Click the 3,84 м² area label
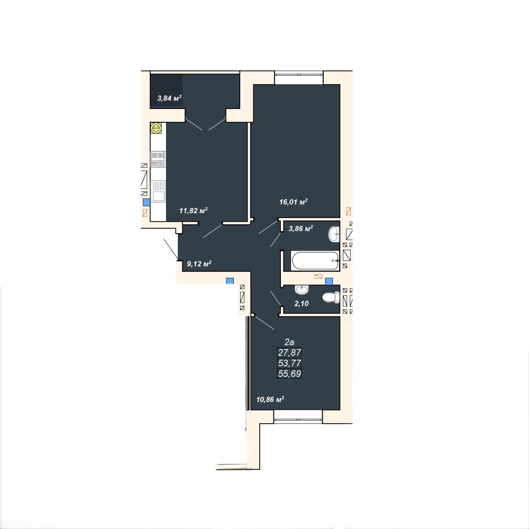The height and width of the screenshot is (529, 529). [x=169, y=98]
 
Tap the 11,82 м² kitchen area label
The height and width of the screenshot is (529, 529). [x=193, y=211]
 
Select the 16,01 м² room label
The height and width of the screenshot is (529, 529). [x=293, y=202]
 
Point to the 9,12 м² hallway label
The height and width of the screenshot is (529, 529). [x=199, y=263]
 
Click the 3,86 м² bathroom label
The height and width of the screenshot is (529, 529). [x=300, y=229]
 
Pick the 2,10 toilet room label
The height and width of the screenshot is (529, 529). [x=302, y=303]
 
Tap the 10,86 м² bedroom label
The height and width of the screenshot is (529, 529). [x=270, y=399]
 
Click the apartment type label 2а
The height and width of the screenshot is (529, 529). [x=289, y=342]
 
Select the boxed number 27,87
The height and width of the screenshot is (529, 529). [x=289, y=352]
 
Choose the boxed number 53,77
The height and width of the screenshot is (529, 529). [x=289, y=363]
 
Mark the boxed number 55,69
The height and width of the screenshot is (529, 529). [x=289, y=373]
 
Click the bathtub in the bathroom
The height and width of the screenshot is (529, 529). [x=315, y=261]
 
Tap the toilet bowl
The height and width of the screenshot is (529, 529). [x=331, y=297]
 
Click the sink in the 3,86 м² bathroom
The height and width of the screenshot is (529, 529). [x=334, y=234]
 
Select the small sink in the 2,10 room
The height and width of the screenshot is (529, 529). [x=302, y=289]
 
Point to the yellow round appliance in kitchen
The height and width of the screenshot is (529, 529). [x=156, y=128]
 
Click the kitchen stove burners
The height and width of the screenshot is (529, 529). [x=158, y=159]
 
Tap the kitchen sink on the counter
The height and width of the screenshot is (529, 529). [x=158, y=191]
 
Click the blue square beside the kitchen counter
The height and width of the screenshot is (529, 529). [x=147, y=203]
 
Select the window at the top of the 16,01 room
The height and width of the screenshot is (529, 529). [x=299, y=78]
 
